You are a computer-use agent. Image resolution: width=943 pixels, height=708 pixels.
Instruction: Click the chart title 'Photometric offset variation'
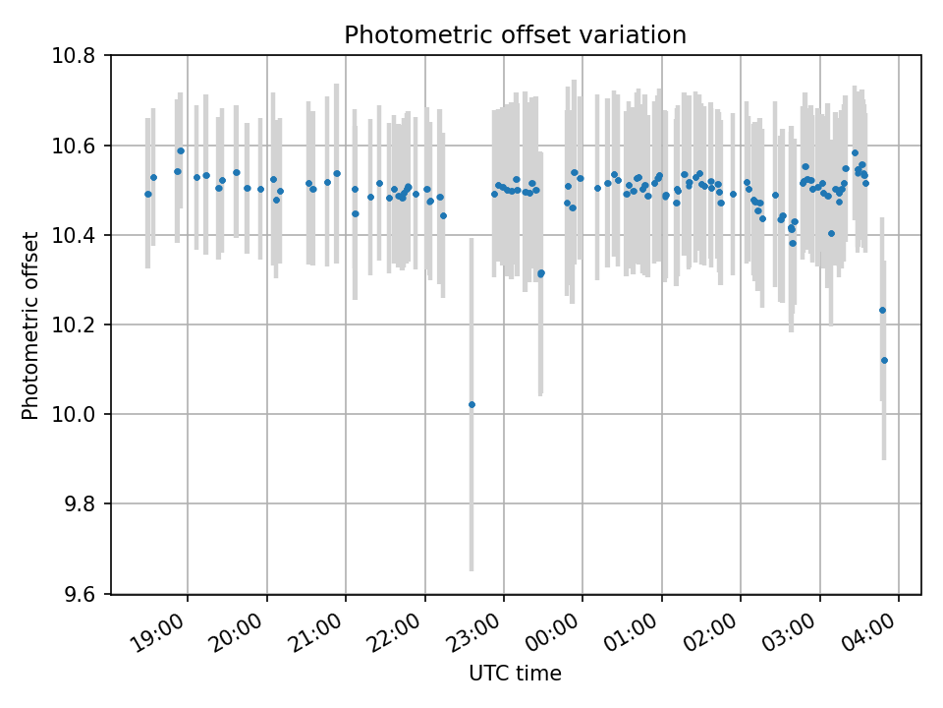pos(515,35)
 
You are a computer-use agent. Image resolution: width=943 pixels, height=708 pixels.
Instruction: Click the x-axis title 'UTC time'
pos(515,674)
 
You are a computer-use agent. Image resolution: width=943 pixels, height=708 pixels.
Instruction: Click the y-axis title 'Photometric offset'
pos(30,325)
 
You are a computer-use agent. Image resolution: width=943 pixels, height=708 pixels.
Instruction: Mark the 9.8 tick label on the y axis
pos(80,504)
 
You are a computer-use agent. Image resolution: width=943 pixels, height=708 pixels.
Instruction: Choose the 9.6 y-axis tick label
pos(80,594)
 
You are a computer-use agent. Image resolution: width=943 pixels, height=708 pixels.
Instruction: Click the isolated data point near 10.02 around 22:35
pos(471,404)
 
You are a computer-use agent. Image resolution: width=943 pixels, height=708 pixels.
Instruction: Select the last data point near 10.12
pos(884,360)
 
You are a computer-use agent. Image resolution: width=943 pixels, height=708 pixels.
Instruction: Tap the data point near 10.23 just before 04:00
pos(882,310)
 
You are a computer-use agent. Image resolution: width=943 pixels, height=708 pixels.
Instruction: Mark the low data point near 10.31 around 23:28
pos(540,273)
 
